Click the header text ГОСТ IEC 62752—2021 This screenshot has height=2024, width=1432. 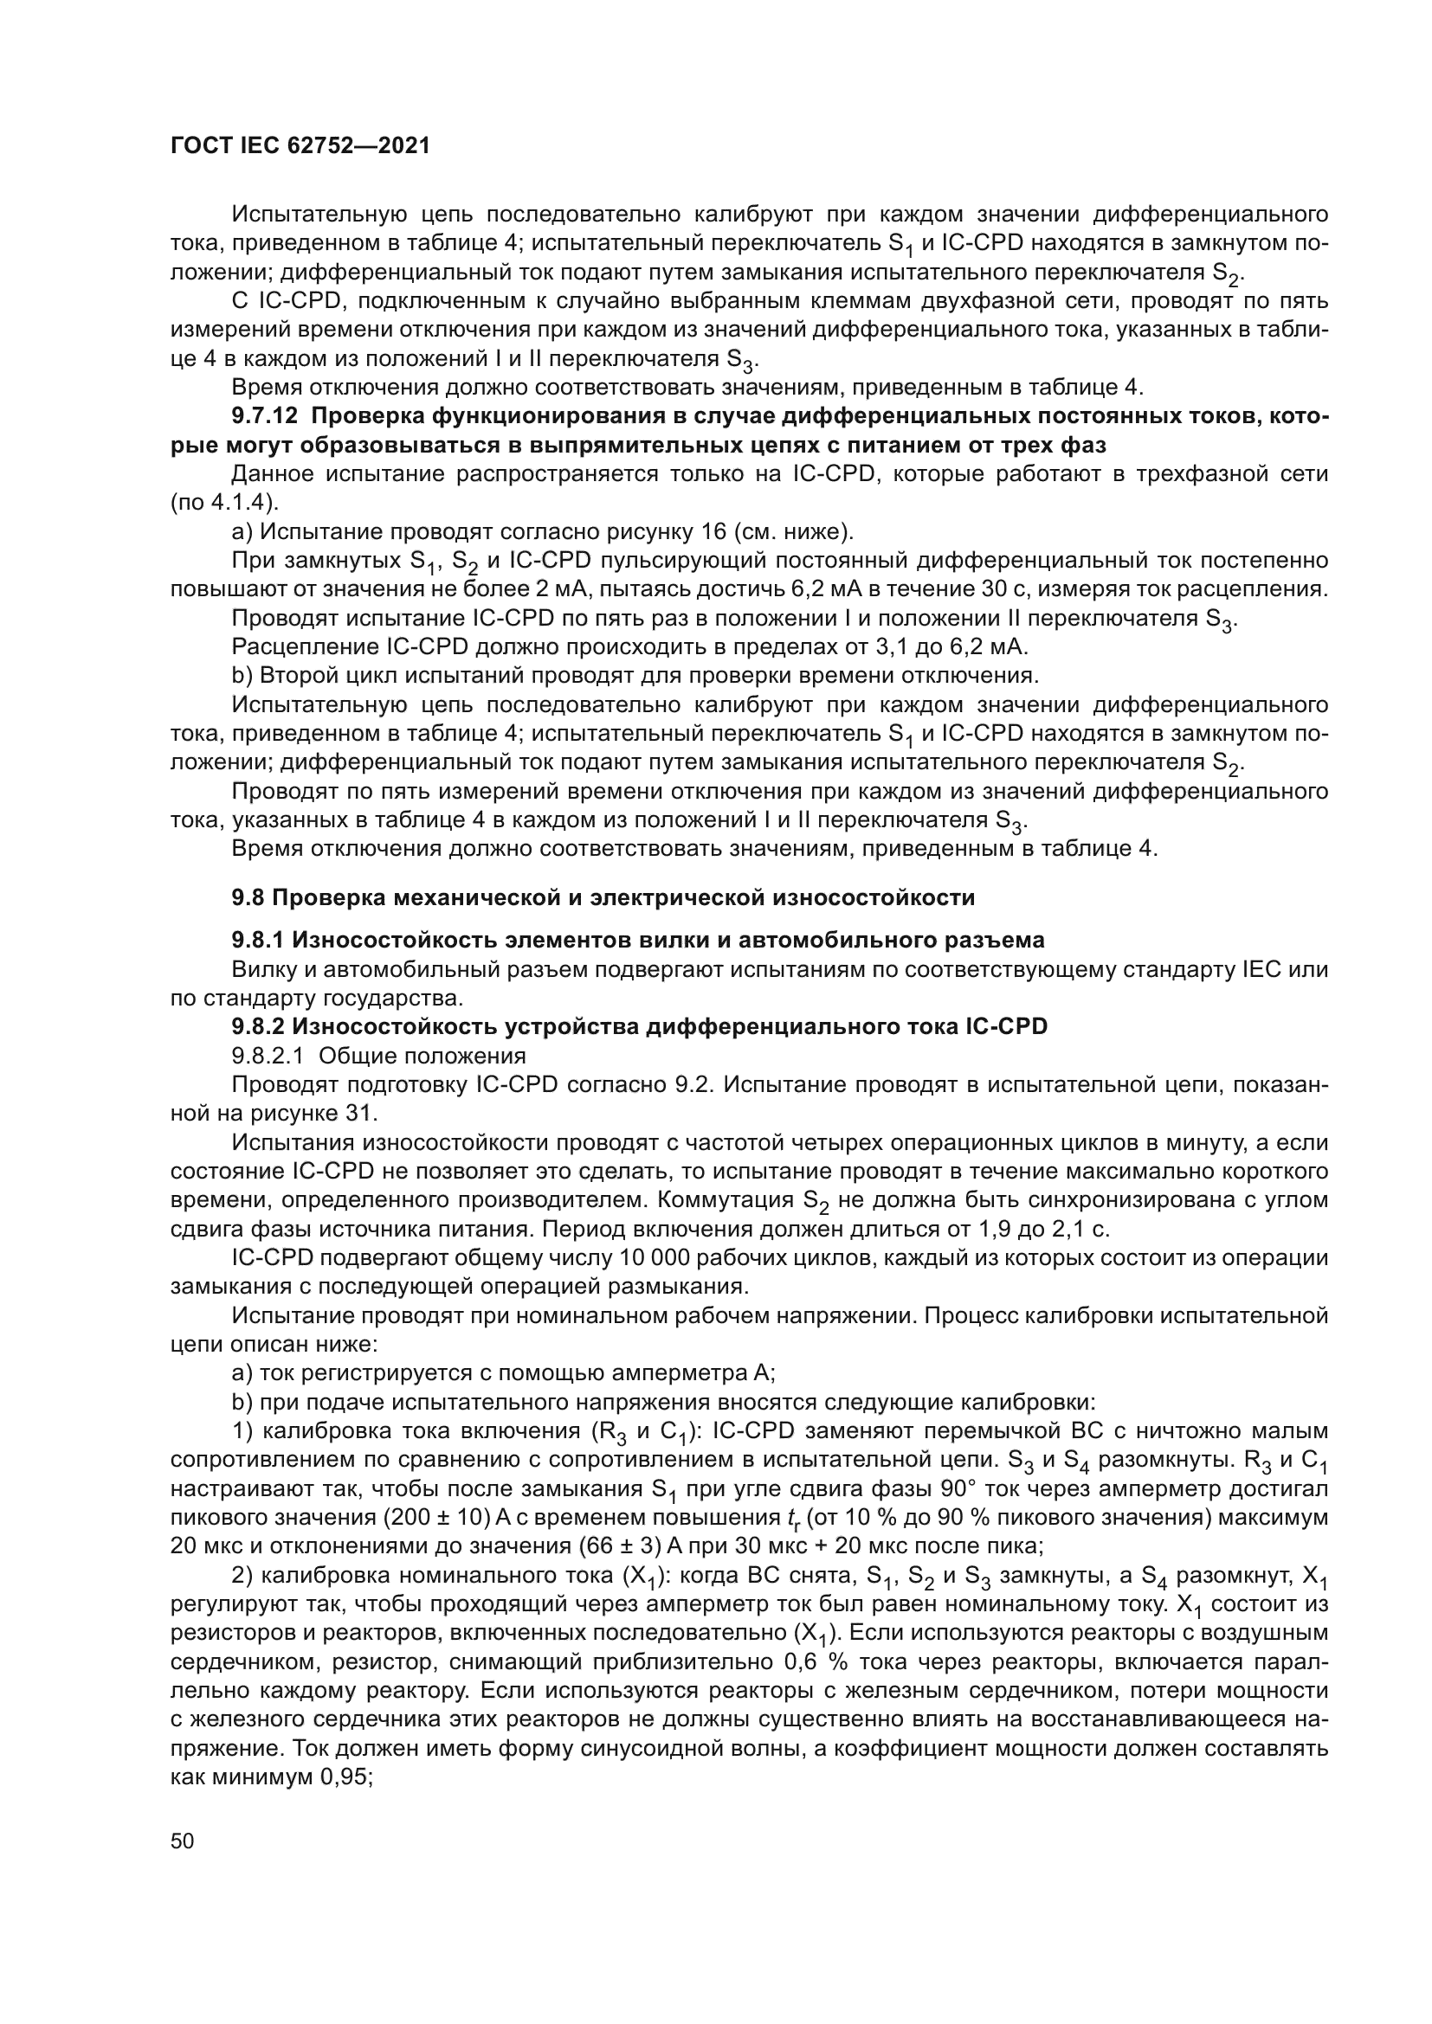click(x=300, y=146)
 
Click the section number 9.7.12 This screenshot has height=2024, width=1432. click(x=263, y=416)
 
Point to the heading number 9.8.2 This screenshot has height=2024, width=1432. click(x=258, y=1026)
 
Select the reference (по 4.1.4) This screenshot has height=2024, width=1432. click(x=224, y=503)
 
